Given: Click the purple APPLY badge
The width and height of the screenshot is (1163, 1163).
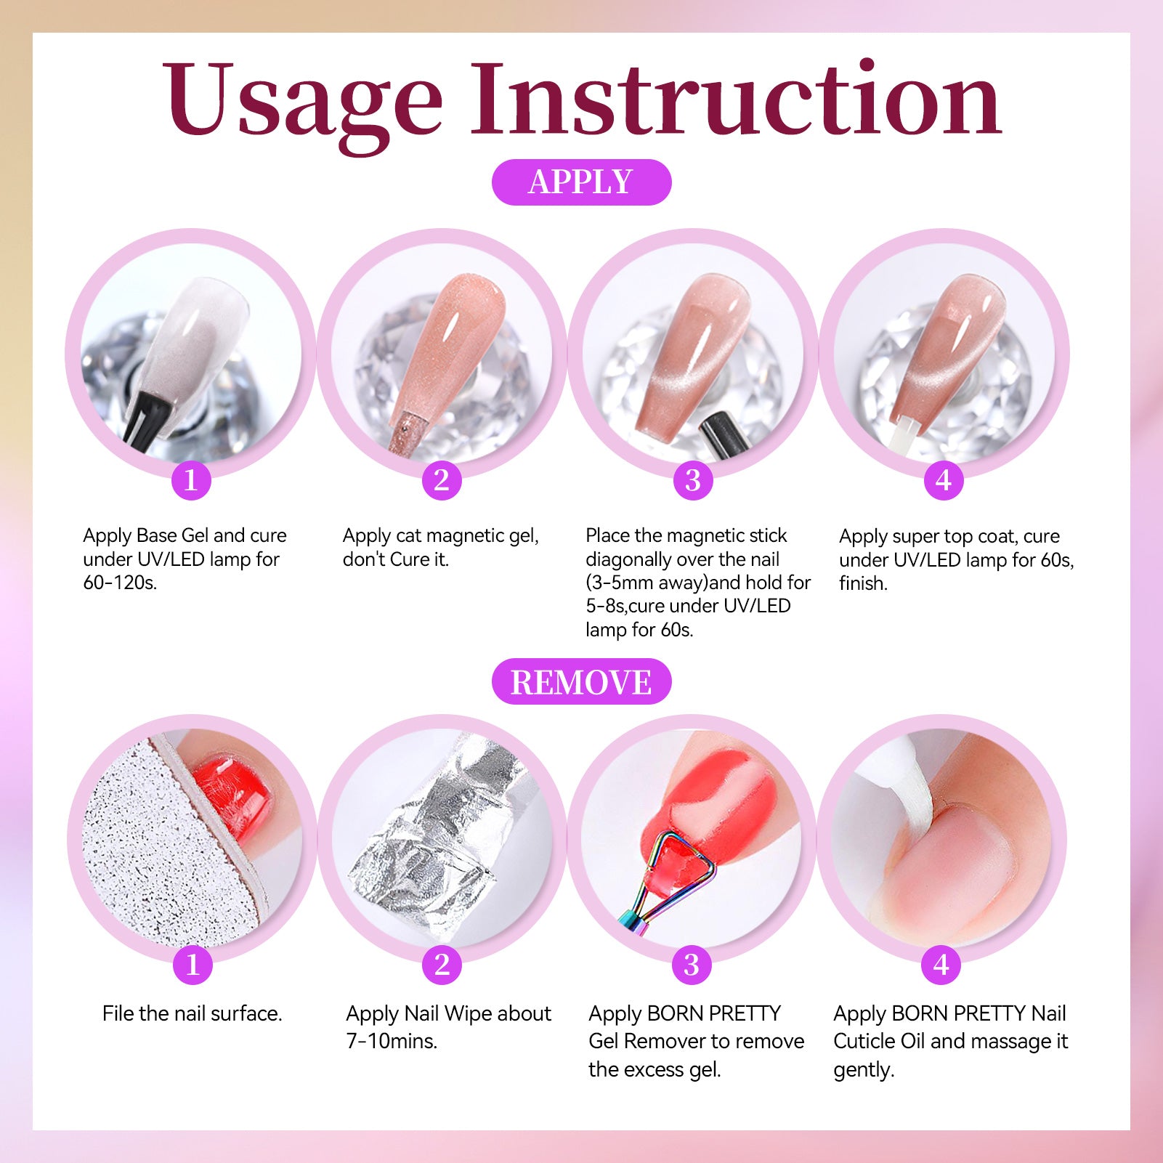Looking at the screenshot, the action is [581, 182].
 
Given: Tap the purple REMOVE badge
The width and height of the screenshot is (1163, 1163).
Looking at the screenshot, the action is [581, 681].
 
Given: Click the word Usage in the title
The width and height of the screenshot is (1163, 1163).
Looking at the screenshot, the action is [302, 102].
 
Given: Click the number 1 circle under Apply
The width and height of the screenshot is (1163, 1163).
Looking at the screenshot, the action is [191, 479].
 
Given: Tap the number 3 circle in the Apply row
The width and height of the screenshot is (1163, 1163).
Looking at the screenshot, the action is [692, 479].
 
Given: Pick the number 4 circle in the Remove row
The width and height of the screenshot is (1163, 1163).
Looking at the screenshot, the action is [941, 965].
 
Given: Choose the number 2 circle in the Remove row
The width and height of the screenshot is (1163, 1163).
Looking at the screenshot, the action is [442, 965].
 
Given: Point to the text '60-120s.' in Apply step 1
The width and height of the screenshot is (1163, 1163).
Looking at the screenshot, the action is [120, 583].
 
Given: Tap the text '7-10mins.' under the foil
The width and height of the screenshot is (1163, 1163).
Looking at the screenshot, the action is [392, 1041].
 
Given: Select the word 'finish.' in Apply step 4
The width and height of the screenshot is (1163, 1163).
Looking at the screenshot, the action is [863, 583].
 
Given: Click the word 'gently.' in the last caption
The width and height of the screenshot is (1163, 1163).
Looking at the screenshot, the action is [864, 1070].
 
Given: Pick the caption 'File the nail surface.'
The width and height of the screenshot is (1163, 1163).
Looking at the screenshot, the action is [192, 1013].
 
